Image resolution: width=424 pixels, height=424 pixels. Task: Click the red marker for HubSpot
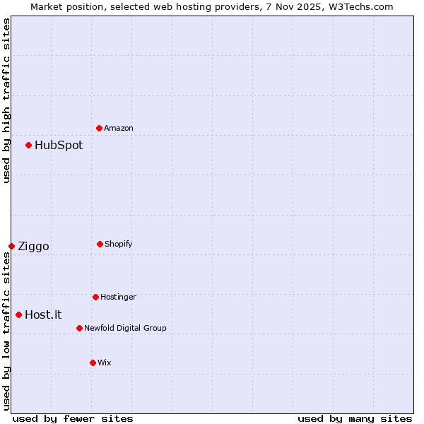(29, 146)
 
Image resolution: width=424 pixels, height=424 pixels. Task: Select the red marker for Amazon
(100, 128)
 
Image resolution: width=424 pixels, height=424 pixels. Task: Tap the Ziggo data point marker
(12, 246)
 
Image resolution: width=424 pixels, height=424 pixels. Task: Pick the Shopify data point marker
(100, 244)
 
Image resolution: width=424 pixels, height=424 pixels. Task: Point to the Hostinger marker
(95, 297)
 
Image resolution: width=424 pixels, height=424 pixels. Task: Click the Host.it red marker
(19, 314)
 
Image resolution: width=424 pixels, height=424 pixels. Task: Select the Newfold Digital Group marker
(79, 328)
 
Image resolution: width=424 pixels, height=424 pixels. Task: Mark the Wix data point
(93, 363)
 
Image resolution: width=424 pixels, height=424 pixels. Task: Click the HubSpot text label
(59, 146)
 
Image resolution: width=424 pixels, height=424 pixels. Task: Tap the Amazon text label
(119, 129)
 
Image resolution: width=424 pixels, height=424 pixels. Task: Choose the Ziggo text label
(33, 247)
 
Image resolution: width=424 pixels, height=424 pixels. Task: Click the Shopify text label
(119, 245)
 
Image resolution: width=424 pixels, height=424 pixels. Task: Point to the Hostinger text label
(118, 298)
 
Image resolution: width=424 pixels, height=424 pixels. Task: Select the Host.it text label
(43, 315)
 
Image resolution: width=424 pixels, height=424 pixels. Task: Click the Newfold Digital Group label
(125, 329)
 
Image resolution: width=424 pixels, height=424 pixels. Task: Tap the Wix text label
(105, 363)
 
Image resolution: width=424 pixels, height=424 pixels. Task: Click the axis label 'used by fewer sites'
(73, 419)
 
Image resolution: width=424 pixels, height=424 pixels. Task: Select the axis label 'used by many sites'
(355, 419)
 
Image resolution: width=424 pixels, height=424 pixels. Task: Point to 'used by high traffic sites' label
(6, 100)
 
